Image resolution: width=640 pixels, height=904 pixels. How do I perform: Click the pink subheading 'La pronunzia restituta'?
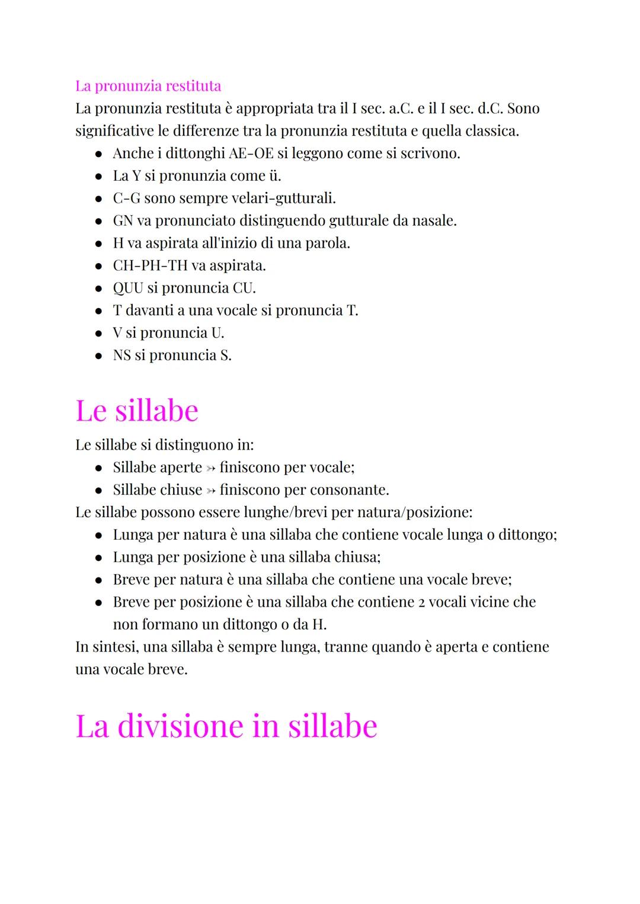(x=148, y=86)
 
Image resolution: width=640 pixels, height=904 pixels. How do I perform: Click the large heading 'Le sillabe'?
(x=137, y=411)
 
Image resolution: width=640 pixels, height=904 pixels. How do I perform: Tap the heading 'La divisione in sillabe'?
(x=226, y=726)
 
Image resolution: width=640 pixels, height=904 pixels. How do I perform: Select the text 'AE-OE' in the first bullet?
(x=251, y=153)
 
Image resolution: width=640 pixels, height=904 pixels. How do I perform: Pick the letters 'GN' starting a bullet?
(x=123, y=221)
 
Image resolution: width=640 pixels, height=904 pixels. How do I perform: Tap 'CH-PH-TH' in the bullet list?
(x=150, y=265)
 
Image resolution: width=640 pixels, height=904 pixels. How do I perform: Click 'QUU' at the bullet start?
(x=128, y=288)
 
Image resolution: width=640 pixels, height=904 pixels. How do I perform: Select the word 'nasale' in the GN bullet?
(x=433, y=221)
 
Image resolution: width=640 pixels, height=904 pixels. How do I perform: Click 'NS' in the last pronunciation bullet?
(x=121, y=355)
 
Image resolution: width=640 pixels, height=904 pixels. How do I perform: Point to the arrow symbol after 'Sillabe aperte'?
(x=210, y=468)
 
